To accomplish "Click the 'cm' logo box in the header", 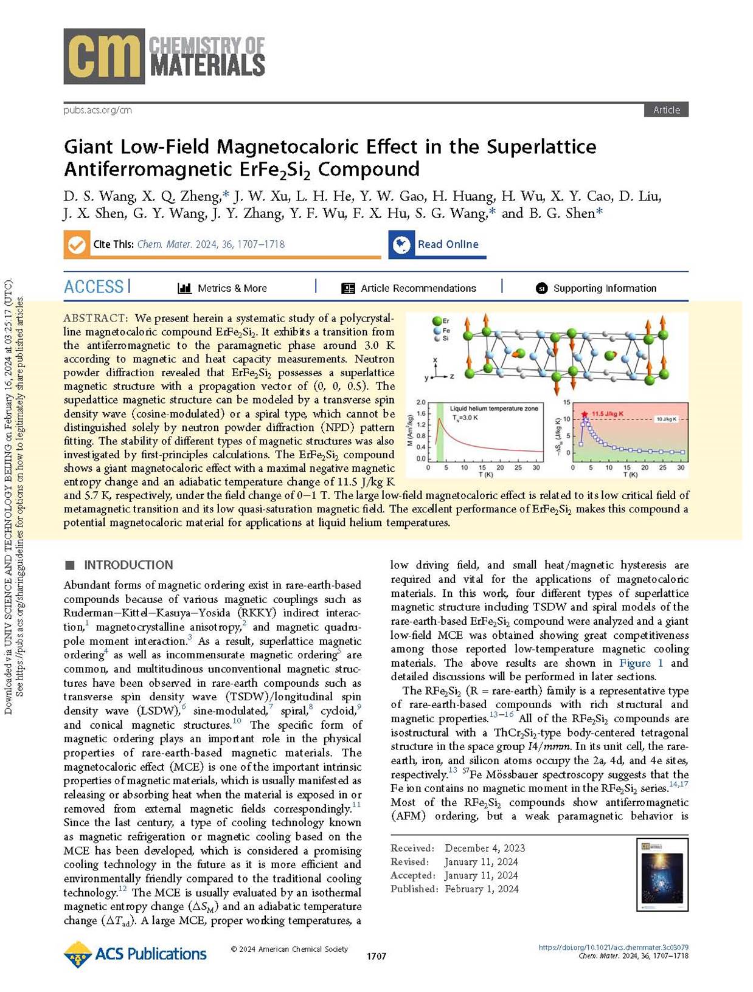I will (104, 56).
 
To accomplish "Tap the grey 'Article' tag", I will (666, 110).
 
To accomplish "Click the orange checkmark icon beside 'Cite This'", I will (77, 244).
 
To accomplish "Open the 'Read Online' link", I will (448, 244).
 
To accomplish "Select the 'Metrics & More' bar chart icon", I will (184, 288).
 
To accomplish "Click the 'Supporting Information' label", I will (605, 288).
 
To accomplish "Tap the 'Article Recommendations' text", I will (418, 288).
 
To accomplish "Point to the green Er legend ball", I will (436, 321).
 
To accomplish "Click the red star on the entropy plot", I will (585, 415).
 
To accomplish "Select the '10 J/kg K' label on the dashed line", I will (666, 419).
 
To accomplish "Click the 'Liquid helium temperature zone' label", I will (494, 408).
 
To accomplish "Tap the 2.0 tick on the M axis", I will (421, 403).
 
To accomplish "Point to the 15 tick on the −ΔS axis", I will (566, 402).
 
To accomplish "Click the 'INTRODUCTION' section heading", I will (128, 565).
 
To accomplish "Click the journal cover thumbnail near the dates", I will (662, 874).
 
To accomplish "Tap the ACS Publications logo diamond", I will (77, 954).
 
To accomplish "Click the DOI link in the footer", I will (613, 948).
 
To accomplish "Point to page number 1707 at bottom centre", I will (376, 957).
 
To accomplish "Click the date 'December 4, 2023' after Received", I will (485, 848).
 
